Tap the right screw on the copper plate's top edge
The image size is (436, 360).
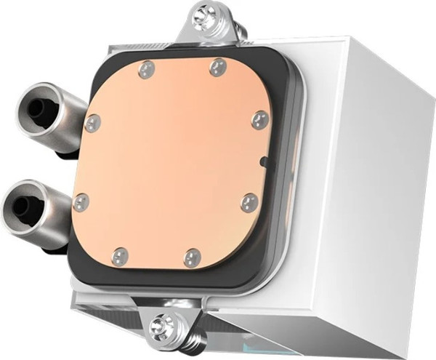coord(215,68)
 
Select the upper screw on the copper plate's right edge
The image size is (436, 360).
coord(259,120)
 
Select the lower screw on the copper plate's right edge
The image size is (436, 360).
coord(249,202)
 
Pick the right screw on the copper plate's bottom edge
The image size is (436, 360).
coord(192,257)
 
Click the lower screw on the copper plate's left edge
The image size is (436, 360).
coord(81,202)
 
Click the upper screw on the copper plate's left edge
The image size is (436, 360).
coord(92,123)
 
